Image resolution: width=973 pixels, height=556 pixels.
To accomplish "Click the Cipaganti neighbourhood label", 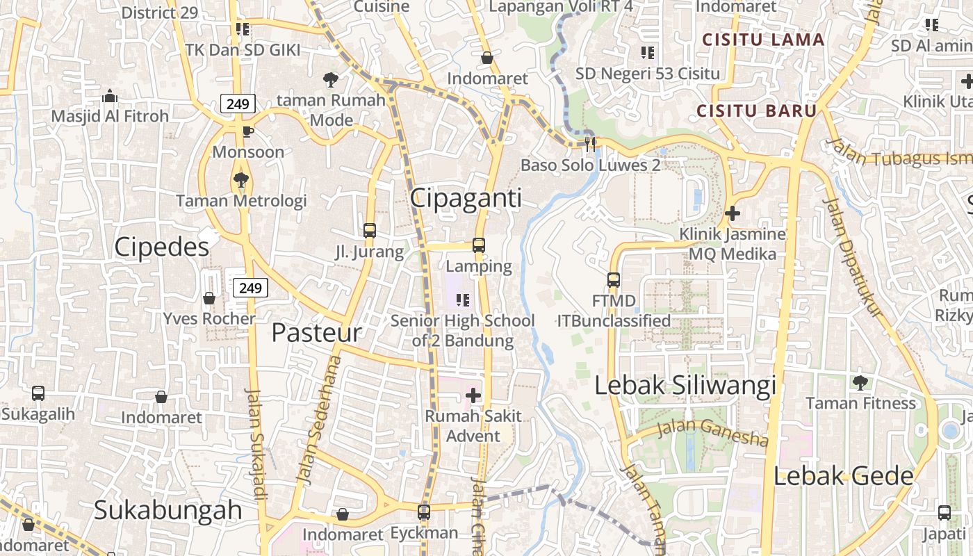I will coord(465,198).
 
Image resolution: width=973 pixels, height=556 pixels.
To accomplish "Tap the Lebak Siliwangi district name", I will coord(685,386).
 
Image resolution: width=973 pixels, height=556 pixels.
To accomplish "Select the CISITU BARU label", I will coord(756,111).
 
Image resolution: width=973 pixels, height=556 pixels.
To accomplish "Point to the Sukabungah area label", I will coord(167,510).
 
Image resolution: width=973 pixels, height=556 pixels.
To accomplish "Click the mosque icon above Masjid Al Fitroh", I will coord(110,97).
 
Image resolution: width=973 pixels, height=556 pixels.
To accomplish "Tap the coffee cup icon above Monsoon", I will coord(247,132).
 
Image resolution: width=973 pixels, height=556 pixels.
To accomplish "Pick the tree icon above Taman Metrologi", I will coord(241,181).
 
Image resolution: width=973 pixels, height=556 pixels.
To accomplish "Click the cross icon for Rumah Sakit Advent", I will coord(473,395).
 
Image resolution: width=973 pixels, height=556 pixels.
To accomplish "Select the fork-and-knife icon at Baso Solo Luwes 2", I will coord(590,145).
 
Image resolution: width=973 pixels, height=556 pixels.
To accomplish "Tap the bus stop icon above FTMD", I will coord(614,280).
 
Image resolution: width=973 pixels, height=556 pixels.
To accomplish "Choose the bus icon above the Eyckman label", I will coord(424,512).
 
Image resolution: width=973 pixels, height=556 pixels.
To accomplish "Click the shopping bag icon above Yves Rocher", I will coord(209,298).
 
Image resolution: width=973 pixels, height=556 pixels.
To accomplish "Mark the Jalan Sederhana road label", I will coord(319,419).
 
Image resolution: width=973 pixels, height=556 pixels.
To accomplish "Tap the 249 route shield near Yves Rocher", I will coord(250,287).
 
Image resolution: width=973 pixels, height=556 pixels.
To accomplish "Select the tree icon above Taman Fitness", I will coord(860,382).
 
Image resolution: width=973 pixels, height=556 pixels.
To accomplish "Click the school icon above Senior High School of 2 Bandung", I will coord(463,300).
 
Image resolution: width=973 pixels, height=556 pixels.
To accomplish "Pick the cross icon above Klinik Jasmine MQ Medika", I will coord(732,213).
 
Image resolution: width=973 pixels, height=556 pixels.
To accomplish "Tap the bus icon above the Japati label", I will coord(944,513).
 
